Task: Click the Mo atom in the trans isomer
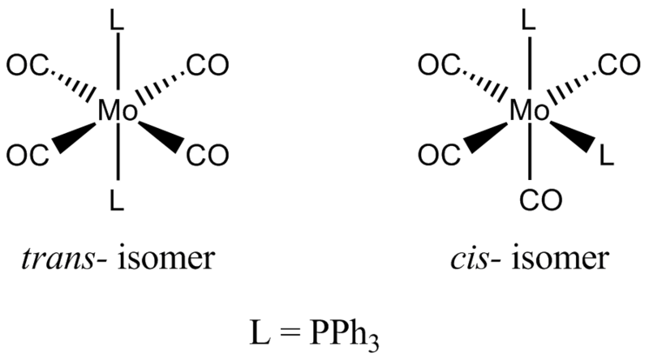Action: click(118, 111)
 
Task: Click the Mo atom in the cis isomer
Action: click(530, 111)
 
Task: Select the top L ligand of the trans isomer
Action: click(117, 20)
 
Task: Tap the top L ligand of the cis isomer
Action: click(529, 20)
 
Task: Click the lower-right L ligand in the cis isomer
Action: click(606, 156)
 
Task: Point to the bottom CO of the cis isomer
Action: click(541, 200)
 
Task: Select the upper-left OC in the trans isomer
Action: click(28, 66)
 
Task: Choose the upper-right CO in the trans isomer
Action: click(208, 66)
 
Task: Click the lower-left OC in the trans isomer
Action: click(28, 156)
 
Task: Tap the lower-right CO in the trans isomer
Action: click(208, 156)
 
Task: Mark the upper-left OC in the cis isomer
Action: click(439, 66)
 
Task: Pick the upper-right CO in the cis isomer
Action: click(619, 66)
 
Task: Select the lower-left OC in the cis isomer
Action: click(439, 156)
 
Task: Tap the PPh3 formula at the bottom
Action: click(344, 333)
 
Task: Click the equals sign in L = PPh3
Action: click(290, 333)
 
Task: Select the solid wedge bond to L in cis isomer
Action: click(574, 135)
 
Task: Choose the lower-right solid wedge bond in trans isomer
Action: click(161, 136)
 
